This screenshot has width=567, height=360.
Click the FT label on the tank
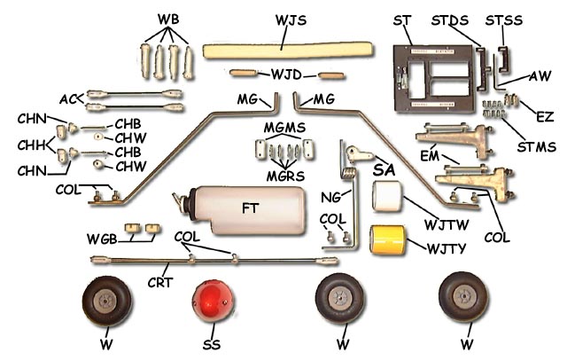pos(251,210)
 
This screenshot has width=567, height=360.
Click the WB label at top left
pos(167,19)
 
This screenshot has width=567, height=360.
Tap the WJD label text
pos(287,73)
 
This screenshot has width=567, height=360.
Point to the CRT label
pos(159,283)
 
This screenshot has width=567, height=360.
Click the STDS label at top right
pos(448,19)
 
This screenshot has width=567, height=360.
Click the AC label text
pos(72,97)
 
